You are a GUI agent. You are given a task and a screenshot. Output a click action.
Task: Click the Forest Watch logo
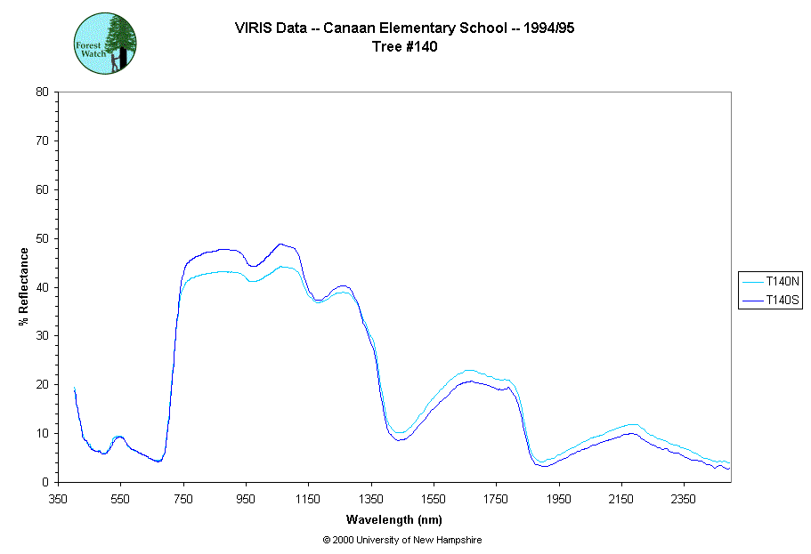point(104,43)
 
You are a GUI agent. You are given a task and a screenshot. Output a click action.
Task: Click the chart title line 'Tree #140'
point(405,47)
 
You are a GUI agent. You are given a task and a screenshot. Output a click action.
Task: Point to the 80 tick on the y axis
point(42,92)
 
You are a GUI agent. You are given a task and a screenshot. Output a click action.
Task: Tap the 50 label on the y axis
point(42,238)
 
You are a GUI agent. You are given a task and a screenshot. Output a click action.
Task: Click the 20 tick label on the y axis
point(42,384)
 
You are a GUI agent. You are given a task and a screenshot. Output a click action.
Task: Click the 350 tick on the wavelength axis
point(59,498)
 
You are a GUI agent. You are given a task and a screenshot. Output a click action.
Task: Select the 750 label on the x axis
point(183,498)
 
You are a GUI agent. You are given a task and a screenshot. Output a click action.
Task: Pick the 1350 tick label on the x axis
point(371,498)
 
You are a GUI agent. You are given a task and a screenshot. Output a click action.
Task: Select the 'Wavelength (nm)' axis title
point(395,519)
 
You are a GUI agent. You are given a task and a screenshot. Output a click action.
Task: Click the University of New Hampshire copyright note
point(402,540)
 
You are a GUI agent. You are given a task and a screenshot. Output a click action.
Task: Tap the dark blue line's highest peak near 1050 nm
point(280,244)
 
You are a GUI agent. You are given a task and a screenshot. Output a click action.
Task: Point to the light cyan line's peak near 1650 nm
point(468,370)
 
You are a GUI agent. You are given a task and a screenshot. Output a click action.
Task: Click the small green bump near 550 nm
point(119,437)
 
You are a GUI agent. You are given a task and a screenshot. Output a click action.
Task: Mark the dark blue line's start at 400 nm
point(74,389)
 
